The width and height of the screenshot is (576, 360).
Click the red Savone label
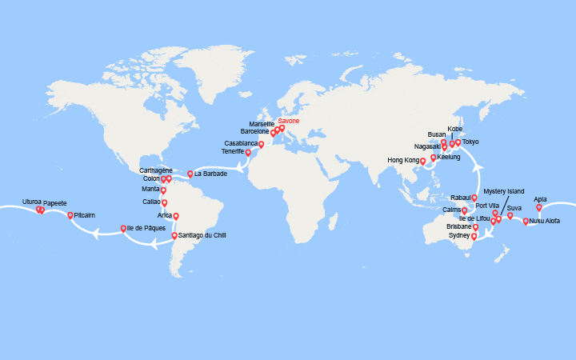[289, 121]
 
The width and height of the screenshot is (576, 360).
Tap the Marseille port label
[262, 124]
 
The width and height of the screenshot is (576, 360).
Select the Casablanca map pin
[261, 144]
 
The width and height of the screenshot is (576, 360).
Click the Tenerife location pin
[248, 152]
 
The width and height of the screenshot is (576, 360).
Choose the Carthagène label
[156, 170]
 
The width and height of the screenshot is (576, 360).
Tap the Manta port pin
[163, 190]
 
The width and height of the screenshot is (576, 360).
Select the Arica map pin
[176, 216]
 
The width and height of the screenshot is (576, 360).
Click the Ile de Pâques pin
[123, 228]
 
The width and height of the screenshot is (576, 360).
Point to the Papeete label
[55, 203]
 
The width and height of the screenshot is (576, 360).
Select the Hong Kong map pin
[423, 161]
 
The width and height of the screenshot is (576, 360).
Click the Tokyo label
[470, 142]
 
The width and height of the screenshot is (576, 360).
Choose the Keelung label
[449, 157]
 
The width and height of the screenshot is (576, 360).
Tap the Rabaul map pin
[474, 197]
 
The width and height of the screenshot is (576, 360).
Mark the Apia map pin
[539, 207]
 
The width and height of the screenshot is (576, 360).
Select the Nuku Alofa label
[545, 221]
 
